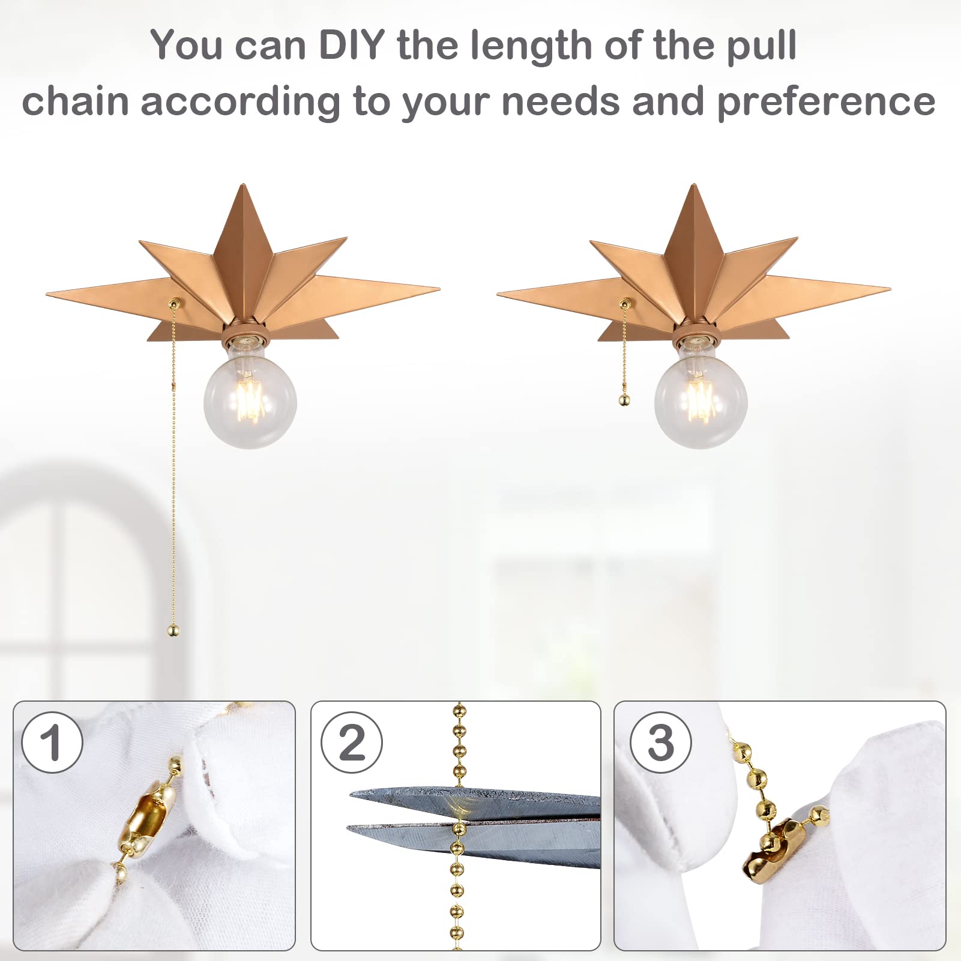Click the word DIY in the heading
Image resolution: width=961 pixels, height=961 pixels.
pos(351,45)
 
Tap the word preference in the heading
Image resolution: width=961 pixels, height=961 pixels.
pos(826,102)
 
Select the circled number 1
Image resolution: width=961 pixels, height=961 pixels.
pos(52,743)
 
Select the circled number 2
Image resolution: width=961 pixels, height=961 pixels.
pos(352,743)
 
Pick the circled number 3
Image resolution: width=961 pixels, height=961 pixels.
pos(660,743)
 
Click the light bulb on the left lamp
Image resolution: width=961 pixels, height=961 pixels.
pos(250,400)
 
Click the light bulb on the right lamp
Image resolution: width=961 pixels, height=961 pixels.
pos(700,400)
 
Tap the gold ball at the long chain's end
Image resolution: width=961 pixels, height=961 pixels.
pos(173,630)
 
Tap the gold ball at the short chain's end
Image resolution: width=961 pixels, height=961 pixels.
pos(624,400)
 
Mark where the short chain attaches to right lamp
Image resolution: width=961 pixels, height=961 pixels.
pos(624,304)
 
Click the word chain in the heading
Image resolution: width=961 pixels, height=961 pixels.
pos(75,102)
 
